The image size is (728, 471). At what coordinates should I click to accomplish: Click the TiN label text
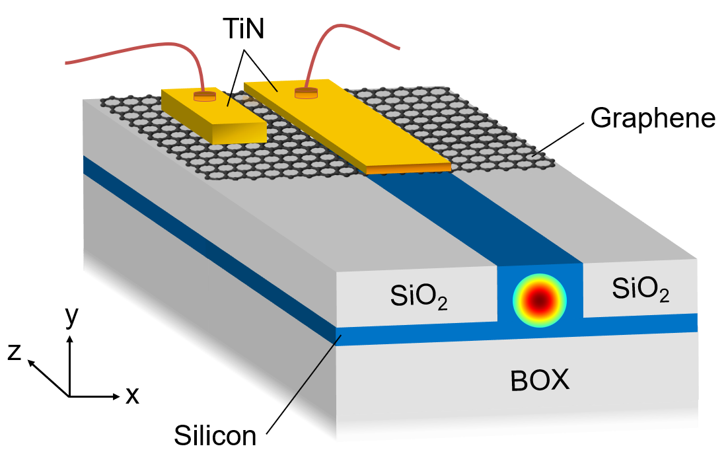click(x=244, y=29)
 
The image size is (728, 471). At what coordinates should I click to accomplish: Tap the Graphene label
click(x=653, y=118)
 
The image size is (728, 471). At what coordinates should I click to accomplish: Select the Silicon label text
click(x=215, y=435)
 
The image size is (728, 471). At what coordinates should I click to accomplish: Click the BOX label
click(x=540, y=380)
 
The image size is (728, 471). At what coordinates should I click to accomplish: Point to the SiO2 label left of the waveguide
click(x=419, y=297)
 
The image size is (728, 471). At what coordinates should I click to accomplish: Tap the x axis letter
click(x=132, y=396)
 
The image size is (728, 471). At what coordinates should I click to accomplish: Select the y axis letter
click(x=72, y=316)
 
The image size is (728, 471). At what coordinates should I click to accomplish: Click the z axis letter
click(x=15, y=352)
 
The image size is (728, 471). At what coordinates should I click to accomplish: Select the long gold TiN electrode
click(x=347, y=126)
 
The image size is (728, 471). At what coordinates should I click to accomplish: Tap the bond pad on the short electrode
click(x=205, y=96)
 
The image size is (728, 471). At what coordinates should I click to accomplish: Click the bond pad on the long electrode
click(x=307, y=92)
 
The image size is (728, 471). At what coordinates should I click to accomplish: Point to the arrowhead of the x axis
click(x=116, y=396)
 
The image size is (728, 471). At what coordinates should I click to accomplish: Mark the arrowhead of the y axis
click(x=69, y=340)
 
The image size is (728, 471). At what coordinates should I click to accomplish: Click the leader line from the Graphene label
click(x=560, y=139)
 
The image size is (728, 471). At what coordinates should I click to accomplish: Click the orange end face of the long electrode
click(x=408, y=169)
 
